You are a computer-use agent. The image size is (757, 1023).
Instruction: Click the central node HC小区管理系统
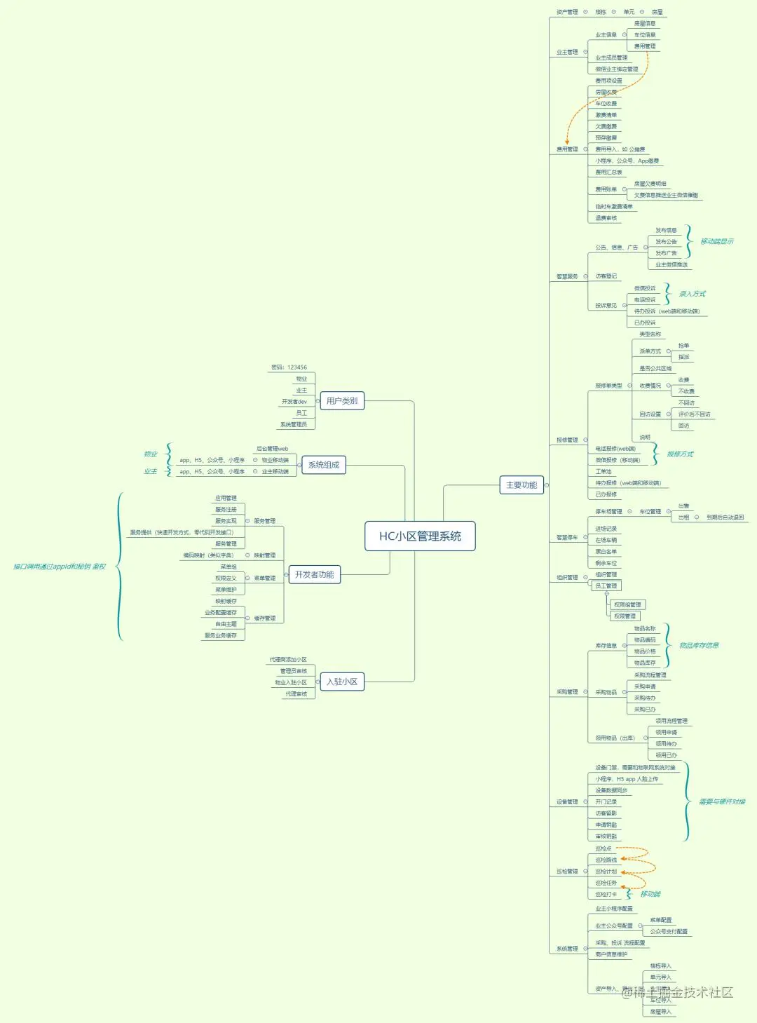coord(420,536)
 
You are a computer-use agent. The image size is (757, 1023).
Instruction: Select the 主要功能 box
coord(521,485)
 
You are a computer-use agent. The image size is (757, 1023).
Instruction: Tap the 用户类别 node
coord(341,401)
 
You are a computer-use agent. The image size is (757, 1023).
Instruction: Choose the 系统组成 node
coord(323,465)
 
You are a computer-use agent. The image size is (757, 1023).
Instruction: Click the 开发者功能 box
coord(314,575)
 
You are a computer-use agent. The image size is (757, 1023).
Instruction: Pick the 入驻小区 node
coord(341,682)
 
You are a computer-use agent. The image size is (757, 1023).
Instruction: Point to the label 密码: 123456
coord(289,367)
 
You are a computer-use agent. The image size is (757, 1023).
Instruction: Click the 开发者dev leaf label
coord(294,402)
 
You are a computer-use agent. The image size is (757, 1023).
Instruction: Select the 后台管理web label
coord(272,449)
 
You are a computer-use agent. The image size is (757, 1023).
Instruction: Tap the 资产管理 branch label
coord(567,12)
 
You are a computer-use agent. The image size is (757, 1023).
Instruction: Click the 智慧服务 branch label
coord(567,276)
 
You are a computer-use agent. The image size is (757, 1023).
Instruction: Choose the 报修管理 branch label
coord(567,440)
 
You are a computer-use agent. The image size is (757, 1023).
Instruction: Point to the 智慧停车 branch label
coord(567,538)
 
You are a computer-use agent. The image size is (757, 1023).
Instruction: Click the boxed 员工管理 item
coord(606,586)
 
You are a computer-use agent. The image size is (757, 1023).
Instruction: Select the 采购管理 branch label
coord(567,692)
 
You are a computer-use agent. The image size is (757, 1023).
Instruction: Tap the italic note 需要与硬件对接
coord(722,801)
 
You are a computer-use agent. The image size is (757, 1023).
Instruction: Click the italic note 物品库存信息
coord(699,646)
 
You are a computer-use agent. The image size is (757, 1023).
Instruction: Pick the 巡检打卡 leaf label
coord(606,895)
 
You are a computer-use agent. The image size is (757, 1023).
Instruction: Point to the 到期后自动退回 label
coord(725,517)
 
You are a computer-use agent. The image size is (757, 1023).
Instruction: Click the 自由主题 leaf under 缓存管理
coord(226,624)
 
